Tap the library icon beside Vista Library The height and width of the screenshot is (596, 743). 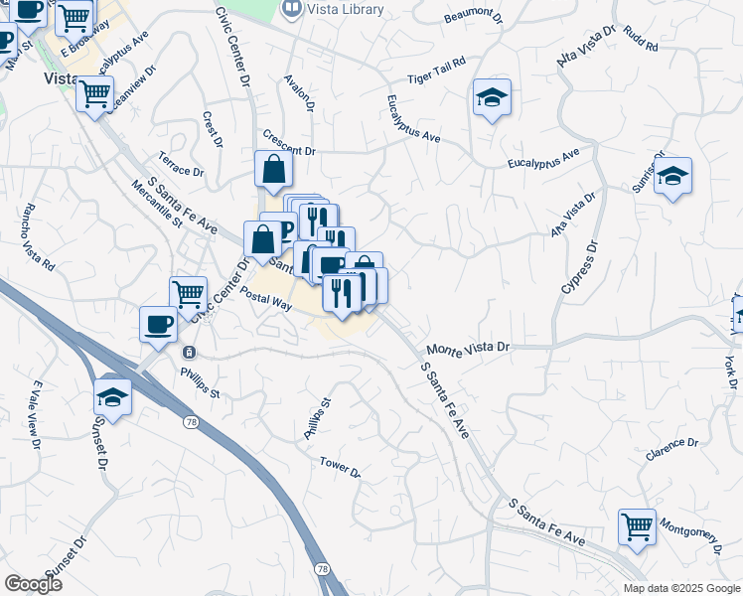292,9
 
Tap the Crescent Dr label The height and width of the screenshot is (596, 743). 288,144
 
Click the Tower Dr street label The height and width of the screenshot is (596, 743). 340,466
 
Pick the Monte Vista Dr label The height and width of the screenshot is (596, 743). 467,349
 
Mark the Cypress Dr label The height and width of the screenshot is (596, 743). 578,266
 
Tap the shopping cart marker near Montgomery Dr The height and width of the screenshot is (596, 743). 637,527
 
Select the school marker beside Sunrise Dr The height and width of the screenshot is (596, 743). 673,177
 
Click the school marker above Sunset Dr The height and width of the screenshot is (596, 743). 113,398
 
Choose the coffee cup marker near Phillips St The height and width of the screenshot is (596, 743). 159,324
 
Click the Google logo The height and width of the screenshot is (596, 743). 33,584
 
